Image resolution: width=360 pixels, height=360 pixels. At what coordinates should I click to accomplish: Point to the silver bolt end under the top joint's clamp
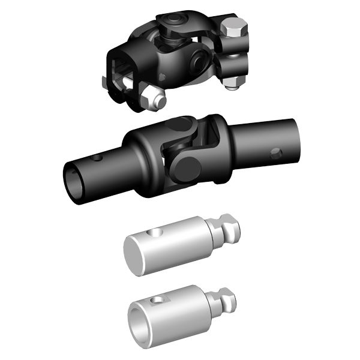[233, 84]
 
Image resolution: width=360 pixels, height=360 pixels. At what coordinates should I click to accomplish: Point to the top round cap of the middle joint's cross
[178, 124]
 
